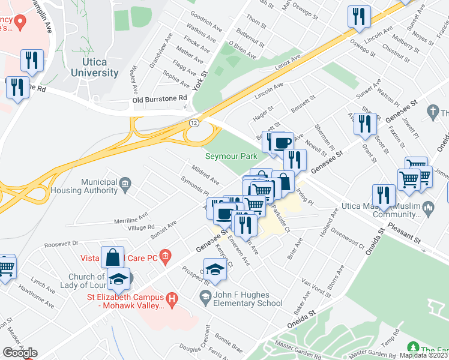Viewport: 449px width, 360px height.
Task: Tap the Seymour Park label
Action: tap(231, 156)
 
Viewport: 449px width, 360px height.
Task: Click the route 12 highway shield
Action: tap(193, 122)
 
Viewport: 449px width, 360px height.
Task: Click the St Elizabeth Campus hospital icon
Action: tap(172, 298)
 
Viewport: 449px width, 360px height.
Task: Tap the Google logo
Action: tap(19, 353)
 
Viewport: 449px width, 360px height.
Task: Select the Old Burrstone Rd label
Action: tap(160, 98)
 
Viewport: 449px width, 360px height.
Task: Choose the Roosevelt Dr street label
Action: tap(62, 244)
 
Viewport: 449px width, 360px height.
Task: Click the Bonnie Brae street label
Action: tap(229, 343)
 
